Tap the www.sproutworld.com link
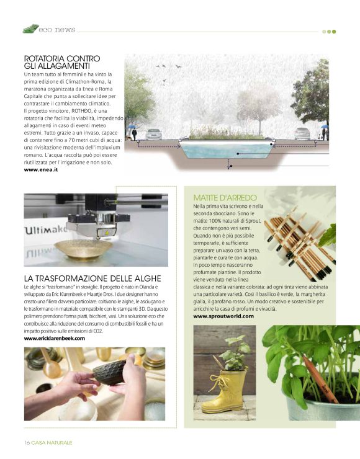[x=223, y=316]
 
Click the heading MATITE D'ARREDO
[x=225, y=197]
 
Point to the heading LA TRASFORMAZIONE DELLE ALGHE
[x=92, y=279]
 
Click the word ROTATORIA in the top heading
[x=44, y=58]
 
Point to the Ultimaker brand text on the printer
[x=47, y=231]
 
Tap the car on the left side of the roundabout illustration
[x=153, y=134]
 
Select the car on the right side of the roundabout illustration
[x=302, y=133]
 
